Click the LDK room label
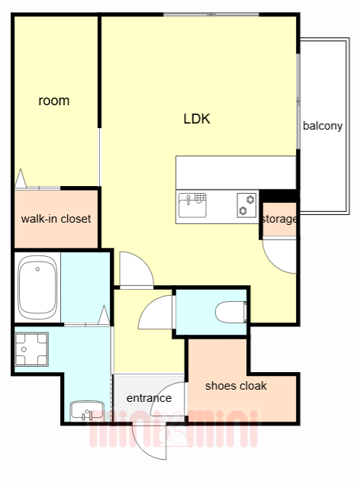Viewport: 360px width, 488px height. coord(197,119)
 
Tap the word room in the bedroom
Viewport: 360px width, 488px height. coord(54,101)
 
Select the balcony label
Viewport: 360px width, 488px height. coord(323,126)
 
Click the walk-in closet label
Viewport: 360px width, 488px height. coord(56,219)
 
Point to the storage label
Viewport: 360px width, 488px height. coord(279,219)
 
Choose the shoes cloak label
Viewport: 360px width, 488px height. coord(236,386)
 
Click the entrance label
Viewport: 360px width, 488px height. coord(149,398)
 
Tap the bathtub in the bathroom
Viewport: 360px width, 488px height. coord(37,287)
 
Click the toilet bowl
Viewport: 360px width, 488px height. coord(231,312)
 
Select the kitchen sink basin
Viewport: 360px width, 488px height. coord(192,206)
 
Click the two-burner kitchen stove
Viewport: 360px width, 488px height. coord(246,205)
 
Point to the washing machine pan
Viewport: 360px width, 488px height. coord(31,349)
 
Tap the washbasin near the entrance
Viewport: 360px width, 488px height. coord(87,410)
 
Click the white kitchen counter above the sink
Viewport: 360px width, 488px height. coord(236,172)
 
